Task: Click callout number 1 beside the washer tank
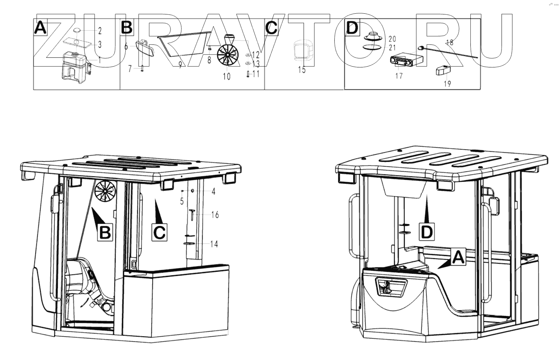pyautogui.click(x=99, y=60)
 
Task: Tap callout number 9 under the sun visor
pyautogui.click(x=180, y=65)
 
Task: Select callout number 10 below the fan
pyautogui.click(x=226, y=76)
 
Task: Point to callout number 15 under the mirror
pyautogui.click(x=302, y=70)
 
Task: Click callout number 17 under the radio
pyautogui.click(x=399, y=76)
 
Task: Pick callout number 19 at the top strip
pyautogui.click(x=447, y=84)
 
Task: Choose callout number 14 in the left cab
pyautogui.click(x=214, y=244)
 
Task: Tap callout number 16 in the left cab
pyautogui.click(x=215, y=214)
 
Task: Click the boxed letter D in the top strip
pyautogui.click(x=352, y=28)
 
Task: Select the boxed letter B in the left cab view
pyautogui.click(x=105, y=233)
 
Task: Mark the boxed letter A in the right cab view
pyautogui.click(x=459, y=257)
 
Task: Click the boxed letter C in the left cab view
pyautogui.click(x=160, y=233)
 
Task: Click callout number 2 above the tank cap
pyautogui.click(x=99, y=30)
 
